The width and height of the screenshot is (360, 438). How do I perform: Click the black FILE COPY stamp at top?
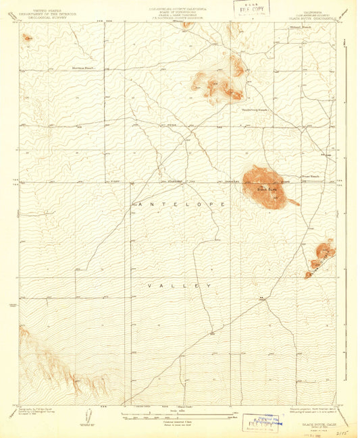click(249, 9)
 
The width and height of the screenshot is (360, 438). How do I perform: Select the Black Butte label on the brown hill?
click(266, 190)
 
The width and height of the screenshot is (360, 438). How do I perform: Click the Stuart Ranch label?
click(310, 176)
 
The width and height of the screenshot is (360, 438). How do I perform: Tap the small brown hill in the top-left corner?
click(26, 38)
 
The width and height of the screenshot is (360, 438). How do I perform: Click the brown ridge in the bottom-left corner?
click(61, 364)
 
